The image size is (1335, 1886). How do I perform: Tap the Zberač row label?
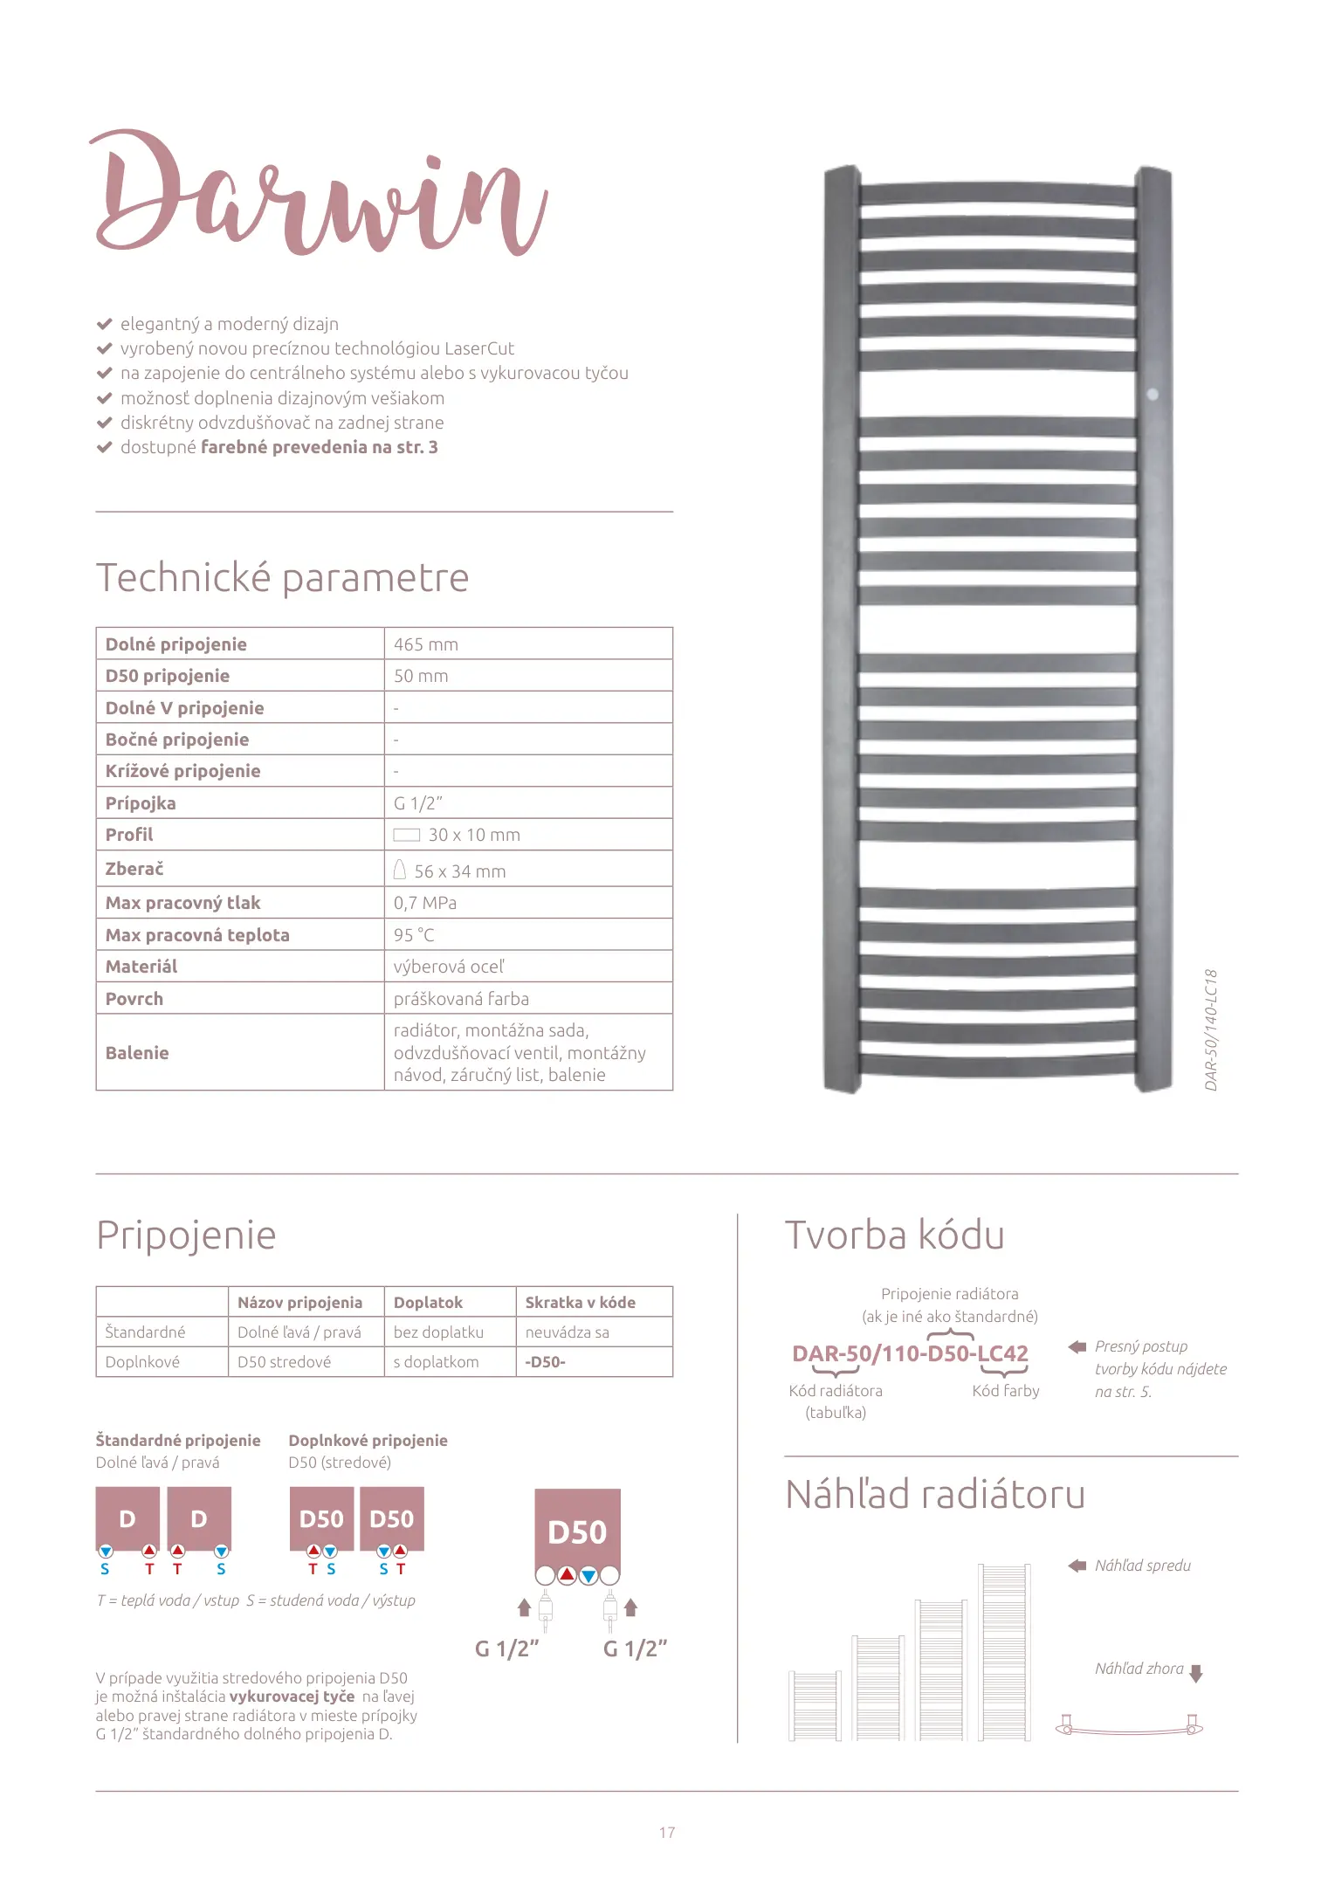coord(134,869)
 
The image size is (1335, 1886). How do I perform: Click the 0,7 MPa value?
coord(425,903)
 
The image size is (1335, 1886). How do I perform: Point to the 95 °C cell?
coord(414,935)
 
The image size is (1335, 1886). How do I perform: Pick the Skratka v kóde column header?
coord(580,1302)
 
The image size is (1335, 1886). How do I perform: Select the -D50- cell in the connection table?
coord(546,1362)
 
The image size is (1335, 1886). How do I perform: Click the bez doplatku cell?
coord(438,1332)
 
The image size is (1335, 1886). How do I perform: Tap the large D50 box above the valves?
coord(577,1532)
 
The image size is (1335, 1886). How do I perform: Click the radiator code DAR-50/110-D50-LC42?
coord(910,1353)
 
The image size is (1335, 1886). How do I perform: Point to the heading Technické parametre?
coord(282,578)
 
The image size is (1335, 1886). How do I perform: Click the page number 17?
coord(667,1833)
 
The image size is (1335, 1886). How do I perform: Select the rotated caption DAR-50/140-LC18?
coord(1211,1029)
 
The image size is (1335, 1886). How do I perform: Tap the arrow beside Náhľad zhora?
coord(1196,1673)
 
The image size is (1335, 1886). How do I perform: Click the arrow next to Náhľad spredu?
coord(1077,1566)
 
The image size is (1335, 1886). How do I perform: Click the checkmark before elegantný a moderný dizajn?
coord(104,324)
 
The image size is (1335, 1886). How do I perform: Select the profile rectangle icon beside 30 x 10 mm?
coord(406,835)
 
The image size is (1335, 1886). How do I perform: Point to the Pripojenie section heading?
coord(186,1236)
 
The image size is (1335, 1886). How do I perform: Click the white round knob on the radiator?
coord(1152,395)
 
